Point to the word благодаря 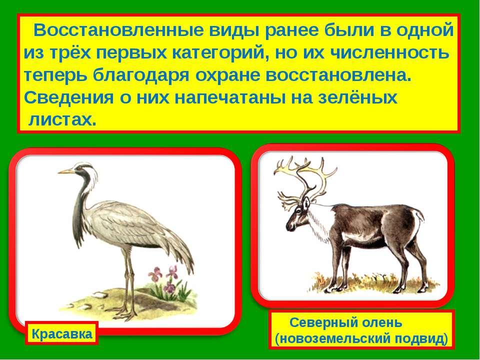coord(141,75)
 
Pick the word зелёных coord(357,98)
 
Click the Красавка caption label coord(62,333)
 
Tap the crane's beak coord(66,171)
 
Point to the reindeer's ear coord(306,202)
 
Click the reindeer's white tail coord(418,215)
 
